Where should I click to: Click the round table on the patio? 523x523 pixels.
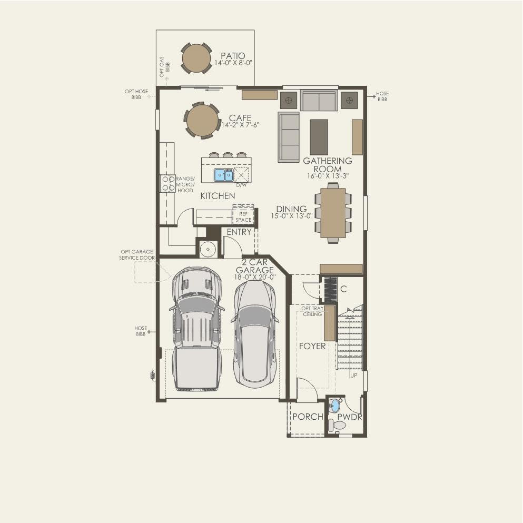click(196, 58)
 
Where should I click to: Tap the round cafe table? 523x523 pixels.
click(202, 120)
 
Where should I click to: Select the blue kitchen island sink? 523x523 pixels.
click(223, 175)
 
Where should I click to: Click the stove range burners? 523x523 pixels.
click(168, 183)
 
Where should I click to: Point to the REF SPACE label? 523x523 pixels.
click(243, 217)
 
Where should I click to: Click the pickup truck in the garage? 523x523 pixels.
click(197, 329)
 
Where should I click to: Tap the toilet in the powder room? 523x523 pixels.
click(338, 425)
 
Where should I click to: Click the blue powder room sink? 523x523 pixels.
click(335, 405)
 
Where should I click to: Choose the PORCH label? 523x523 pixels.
click(308, 417)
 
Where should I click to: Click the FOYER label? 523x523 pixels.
click(312, 346)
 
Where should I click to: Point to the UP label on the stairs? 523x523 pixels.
click(354, 375)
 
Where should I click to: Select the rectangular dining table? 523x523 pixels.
click(333, 213)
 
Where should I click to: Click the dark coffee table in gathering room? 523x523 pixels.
click(319, 137)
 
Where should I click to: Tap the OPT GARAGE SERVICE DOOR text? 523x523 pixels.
click(137, 255)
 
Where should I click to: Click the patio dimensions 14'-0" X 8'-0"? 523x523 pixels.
click(233, 63)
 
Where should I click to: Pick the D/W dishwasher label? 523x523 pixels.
click(242, 185)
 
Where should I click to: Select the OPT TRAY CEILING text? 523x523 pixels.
click(312, 311)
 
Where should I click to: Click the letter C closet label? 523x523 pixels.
click(343, 289)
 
